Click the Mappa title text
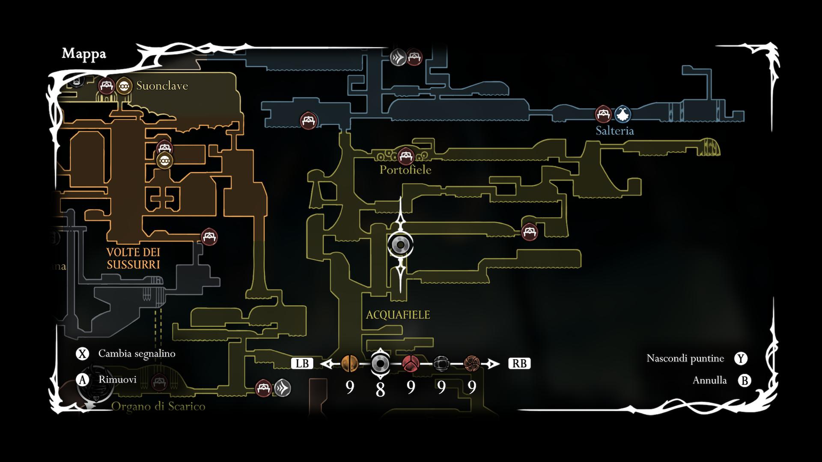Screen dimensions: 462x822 tap(84, 54)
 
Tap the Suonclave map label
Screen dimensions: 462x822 tap(162, 86)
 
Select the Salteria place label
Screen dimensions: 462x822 tap(614, 131)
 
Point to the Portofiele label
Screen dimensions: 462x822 tap(405, 170)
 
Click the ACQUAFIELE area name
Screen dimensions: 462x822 tap(398, 315)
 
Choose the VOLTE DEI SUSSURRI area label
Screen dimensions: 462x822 tap(133, 258)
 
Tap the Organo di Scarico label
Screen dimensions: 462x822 tap(158, 406)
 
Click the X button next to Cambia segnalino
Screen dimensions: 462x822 tap(82, 354)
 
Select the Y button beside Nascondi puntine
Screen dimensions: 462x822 tap(741, 358)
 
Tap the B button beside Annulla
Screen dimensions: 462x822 tap(745, 380)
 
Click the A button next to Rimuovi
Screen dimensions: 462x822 tap(82, 380)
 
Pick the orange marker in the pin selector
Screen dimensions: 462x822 tap(350, 364)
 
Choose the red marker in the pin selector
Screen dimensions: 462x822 tap(411, 364)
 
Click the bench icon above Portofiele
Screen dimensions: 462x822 tap(405, 156)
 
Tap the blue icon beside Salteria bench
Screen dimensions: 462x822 tap(622, 114)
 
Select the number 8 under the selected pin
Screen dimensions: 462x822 tap(380, 389)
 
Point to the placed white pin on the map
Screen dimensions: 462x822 tap(400, 245)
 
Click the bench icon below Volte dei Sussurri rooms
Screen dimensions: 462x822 tap(209, 237)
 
